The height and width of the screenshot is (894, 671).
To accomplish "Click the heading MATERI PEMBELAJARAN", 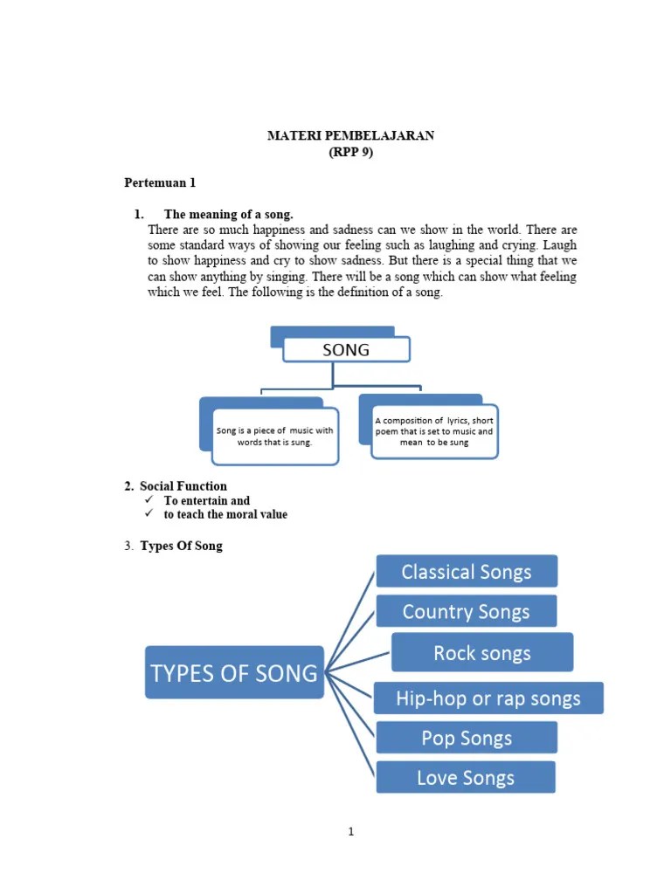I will pos(350,136).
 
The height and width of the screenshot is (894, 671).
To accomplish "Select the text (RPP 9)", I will pos(350,151).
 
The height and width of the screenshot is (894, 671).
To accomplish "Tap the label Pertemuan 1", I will pos(160,182).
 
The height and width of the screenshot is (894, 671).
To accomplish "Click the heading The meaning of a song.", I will pos(228,214).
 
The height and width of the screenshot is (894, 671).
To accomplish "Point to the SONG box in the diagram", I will pos(346,350).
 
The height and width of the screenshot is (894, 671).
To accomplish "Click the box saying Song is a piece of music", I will pos(275,436).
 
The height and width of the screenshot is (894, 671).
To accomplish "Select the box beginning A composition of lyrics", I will pos(434,431).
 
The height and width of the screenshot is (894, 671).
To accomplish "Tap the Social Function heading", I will pos(183,486).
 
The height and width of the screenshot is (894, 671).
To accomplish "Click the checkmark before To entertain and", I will pos(149,500).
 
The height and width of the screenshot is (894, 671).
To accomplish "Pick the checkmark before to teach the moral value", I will pos(149,514).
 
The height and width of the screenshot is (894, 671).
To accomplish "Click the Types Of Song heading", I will pos(181,546).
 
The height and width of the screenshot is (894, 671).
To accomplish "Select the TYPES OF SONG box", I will pos(234,672).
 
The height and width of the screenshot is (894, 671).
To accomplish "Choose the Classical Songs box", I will pos(467,572).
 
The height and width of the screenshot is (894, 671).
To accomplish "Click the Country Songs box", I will pos(467,611).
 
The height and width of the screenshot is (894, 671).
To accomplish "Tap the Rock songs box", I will pos(482,653).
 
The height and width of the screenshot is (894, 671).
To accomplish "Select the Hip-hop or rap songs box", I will pos(488,698).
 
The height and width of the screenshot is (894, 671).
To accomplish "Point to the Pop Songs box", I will pos(467,738).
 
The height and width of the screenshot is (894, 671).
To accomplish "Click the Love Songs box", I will pos(466,777).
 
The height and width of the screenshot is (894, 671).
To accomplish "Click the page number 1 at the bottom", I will pos(351,832).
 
